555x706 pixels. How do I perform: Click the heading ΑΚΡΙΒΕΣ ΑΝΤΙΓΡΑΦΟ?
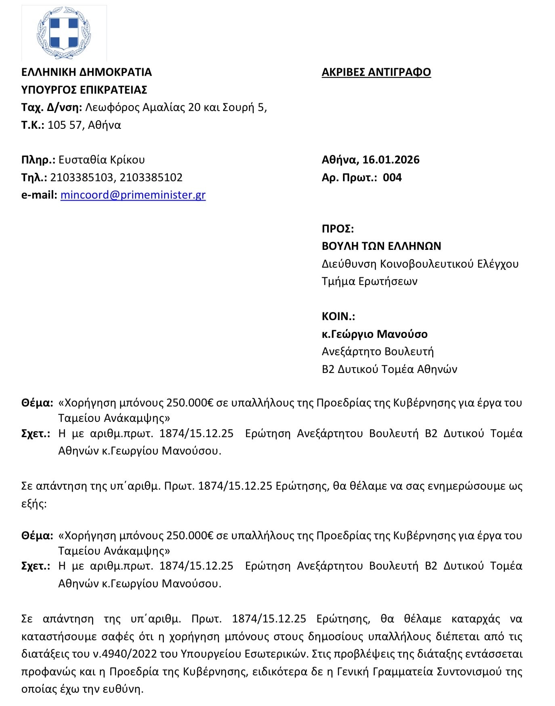376,72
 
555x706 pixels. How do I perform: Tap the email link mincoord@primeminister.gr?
133,195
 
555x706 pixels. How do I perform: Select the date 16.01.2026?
391,160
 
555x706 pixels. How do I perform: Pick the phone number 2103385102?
151,178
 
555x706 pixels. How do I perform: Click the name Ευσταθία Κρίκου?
101,160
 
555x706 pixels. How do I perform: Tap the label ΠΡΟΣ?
338,229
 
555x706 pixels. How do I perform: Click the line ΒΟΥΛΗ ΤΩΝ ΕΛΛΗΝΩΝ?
381,246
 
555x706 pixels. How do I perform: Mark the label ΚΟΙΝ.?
338,316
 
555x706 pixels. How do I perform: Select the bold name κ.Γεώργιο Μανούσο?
374,334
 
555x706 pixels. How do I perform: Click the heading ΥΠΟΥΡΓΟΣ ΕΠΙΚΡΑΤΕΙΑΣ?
84,90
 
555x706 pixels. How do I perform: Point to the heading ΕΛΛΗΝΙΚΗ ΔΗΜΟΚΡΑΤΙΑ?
86,72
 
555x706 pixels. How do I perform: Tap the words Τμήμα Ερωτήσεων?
369,281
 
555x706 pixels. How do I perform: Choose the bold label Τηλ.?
34,178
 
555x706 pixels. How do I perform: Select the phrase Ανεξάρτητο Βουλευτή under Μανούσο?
377,352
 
